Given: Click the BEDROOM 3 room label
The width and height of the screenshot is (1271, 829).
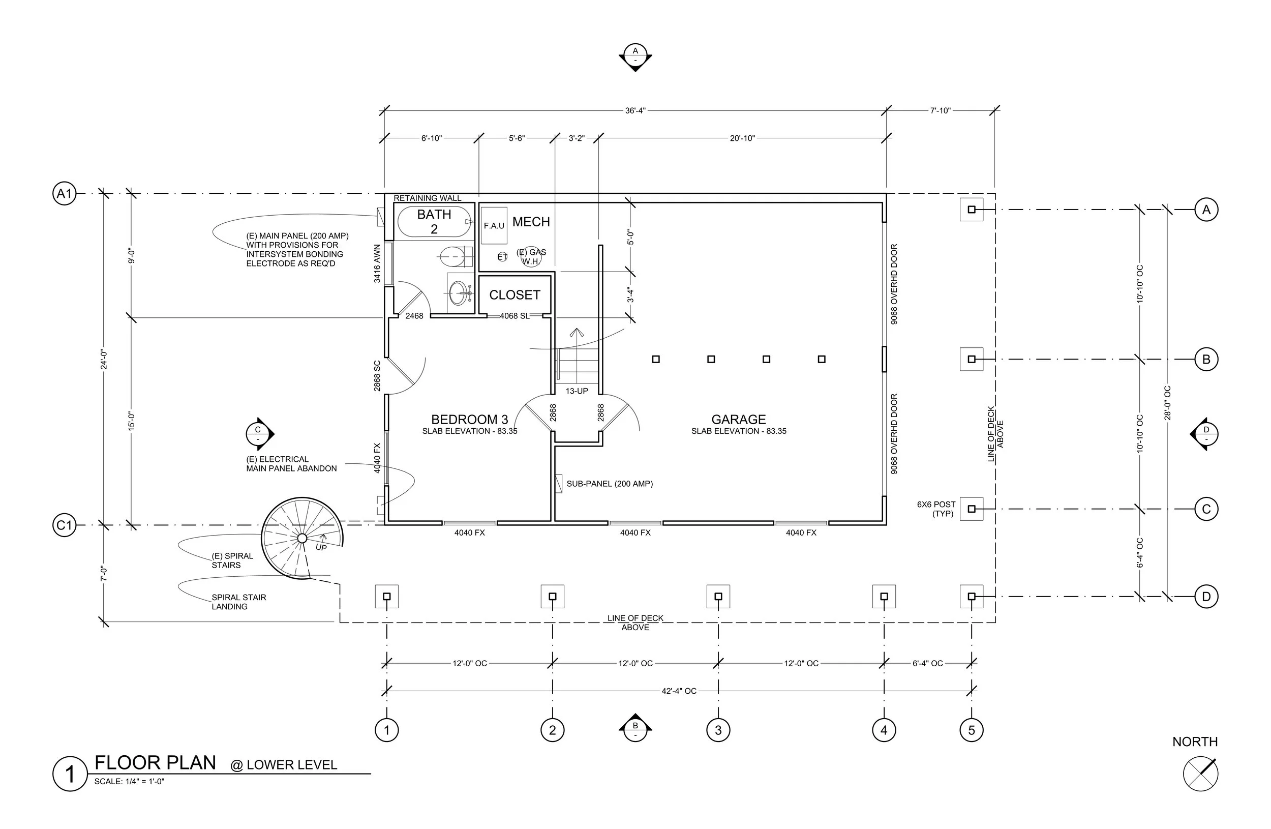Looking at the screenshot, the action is [470, 420].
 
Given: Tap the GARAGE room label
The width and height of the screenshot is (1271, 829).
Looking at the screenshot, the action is [739, 420].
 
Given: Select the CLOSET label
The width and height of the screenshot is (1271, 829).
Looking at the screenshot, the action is [515, 295].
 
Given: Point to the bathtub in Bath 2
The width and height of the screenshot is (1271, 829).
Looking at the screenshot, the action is [434, 222].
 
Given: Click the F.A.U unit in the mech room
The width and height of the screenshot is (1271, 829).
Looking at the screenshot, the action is [494, 226].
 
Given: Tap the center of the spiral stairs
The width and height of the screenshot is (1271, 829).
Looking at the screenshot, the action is [301, 538].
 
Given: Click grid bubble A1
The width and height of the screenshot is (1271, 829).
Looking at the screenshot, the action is [64, 193].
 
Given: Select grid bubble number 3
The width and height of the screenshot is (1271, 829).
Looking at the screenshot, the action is [718, 730].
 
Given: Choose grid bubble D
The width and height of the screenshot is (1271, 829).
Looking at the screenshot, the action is [1206, 597].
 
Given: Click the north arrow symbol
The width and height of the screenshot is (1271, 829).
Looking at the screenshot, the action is [1200, 774].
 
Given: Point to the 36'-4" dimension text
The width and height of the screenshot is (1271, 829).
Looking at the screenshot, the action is [635, 110].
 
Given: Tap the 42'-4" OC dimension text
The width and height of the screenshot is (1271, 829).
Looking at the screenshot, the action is [679, 691].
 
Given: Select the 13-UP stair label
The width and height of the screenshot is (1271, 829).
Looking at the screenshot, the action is [577, 391].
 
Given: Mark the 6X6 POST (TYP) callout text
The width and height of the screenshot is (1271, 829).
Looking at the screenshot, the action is [936, 509].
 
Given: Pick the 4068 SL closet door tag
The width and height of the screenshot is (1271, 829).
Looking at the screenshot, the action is [515, 316].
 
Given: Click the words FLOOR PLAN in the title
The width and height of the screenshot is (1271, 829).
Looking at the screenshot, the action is [156, 763].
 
